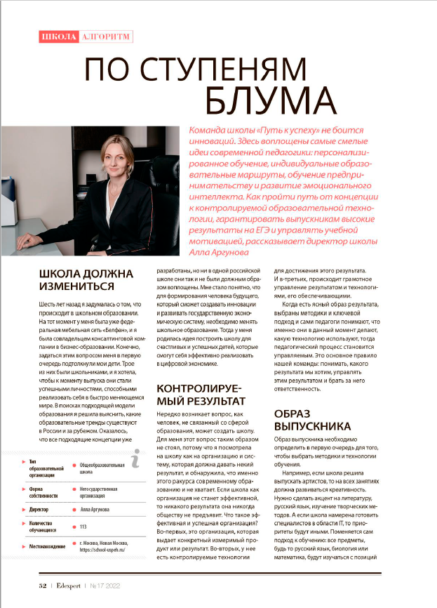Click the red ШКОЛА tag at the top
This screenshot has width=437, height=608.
click(56, 37)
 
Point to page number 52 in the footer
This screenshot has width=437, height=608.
click(42, 584)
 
